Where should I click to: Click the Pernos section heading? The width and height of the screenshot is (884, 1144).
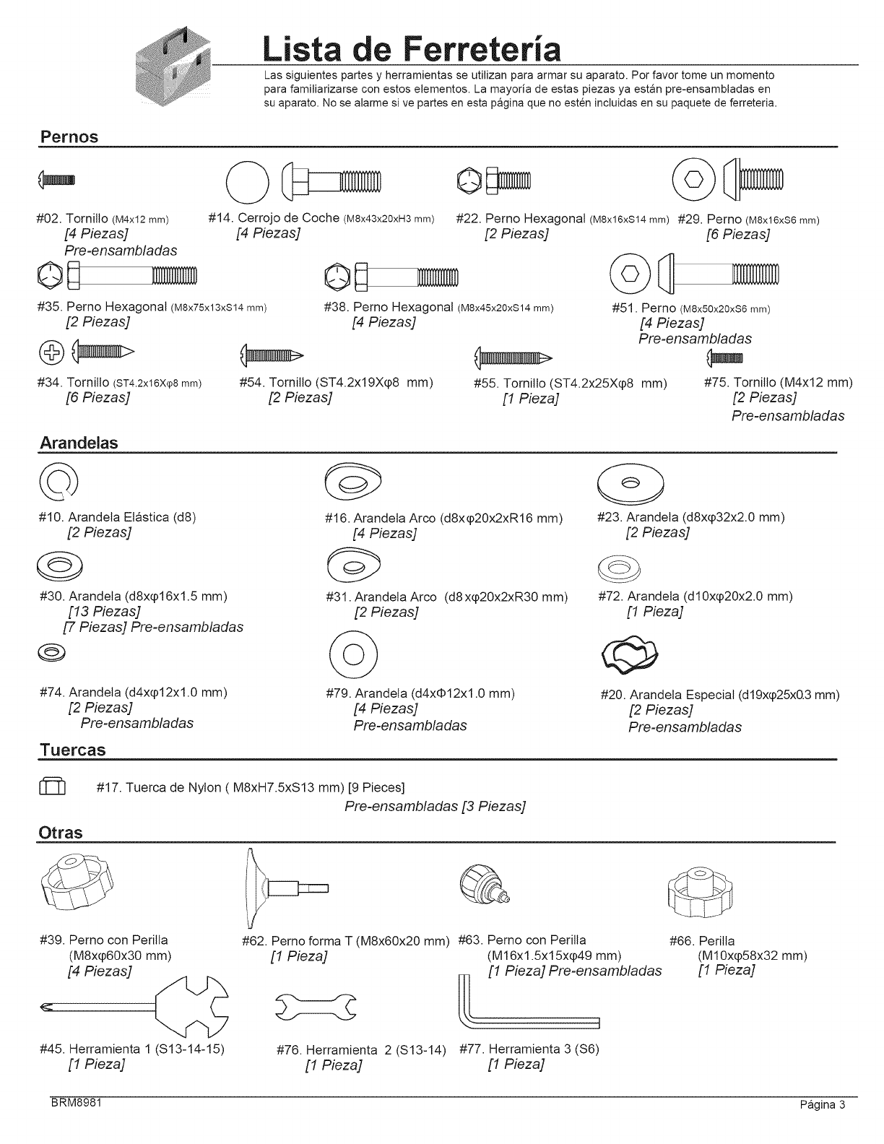(x=68, y=136)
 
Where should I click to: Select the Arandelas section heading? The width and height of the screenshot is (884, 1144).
(x=78, y=443)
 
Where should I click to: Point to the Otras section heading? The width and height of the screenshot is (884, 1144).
(x=60, y=833)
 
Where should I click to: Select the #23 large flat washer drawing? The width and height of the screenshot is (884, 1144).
(x=630, y=481)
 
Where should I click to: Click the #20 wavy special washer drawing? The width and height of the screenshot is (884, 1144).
(x=630, y=653)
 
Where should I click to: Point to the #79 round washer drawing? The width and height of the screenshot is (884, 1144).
(x=353, y=654)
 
